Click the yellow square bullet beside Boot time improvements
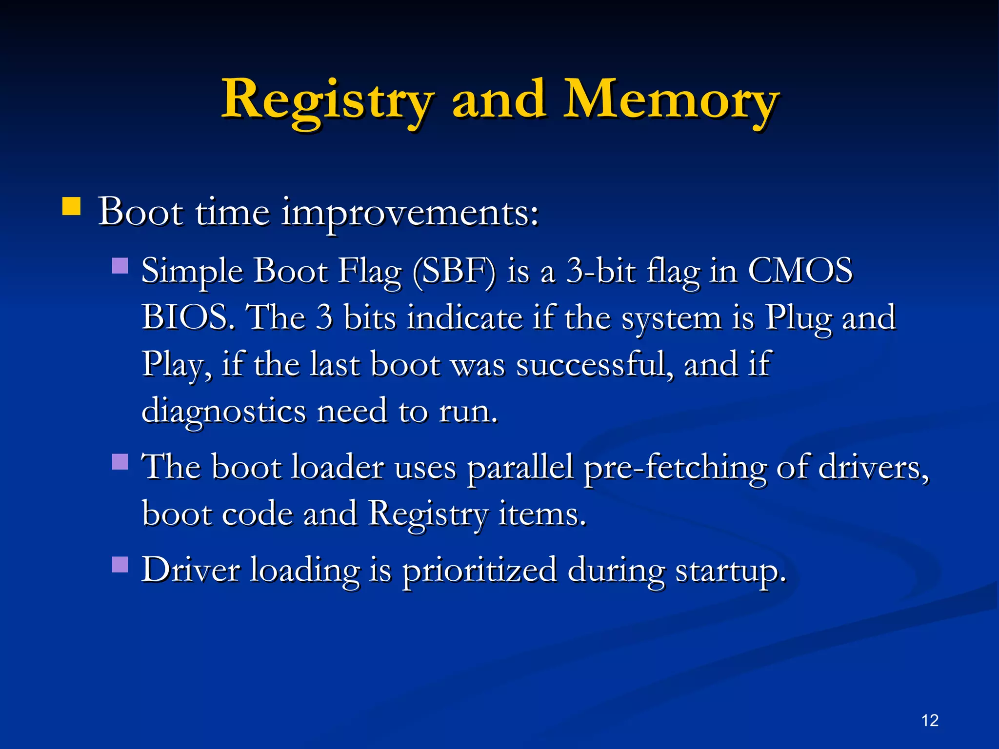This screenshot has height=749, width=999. (71, 206)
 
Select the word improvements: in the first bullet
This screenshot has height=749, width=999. (410, 213)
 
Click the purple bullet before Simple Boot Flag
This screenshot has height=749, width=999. (120, 266)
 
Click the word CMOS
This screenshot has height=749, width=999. (800, 271)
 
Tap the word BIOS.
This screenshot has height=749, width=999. (185, 317)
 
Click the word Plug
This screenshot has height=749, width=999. (798, 317)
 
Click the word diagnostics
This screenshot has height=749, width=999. (223, 411)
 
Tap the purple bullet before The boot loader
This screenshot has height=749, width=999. (120, 461)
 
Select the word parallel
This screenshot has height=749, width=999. (520, 468)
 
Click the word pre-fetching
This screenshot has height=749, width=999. (675, 468)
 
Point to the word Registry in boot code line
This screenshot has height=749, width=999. (427, 514)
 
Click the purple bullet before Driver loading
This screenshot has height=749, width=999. (120, 565)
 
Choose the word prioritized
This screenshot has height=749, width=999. (479, 571)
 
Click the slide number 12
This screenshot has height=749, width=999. (930, 720)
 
